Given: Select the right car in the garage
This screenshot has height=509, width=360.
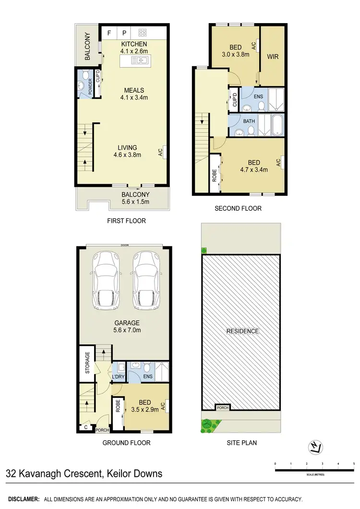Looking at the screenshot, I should [x=145, y=281].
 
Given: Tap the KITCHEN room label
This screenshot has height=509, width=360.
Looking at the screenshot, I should [x=134, y=45].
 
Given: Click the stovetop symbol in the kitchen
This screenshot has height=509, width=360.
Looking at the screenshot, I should [x=142, y=33].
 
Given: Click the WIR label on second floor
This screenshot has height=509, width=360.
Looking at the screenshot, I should [x=273, y=57].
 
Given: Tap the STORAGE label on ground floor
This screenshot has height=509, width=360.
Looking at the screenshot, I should [x=87, y=364].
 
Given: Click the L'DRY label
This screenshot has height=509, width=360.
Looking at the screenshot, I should [x=118, y=376].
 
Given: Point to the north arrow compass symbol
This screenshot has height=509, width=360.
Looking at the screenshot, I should [x=315, y=448].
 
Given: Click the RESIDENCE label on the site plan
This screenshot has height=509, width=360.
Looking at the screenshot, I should [x=242, y=331].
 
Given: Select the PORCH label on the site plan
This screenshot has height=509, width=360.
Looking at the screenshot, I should [x=222, y=408].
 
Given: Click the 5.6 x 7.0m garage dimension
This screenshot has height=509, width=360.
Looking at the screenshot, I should [x=127, y=330].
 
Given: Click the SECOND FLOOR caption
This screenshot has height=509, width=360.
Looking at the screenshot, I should [x=239, y=208].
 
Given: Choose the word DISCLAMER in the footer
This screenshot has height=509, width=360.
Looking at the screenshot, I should [x=24, y=499].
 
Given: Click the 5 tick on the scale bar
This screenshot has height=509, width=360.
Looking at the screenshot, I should [x=354, y=464].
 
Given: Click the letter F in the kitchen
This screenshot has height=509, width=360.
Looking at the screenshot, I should [x=109, y=33].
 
